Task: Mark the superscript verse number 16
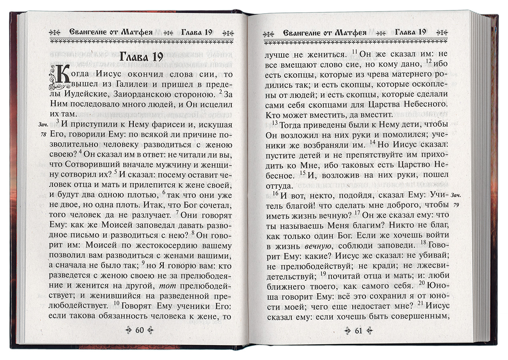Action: click(x=275, y=192)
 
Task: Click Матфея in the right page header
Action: click(x=349, y=33)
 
